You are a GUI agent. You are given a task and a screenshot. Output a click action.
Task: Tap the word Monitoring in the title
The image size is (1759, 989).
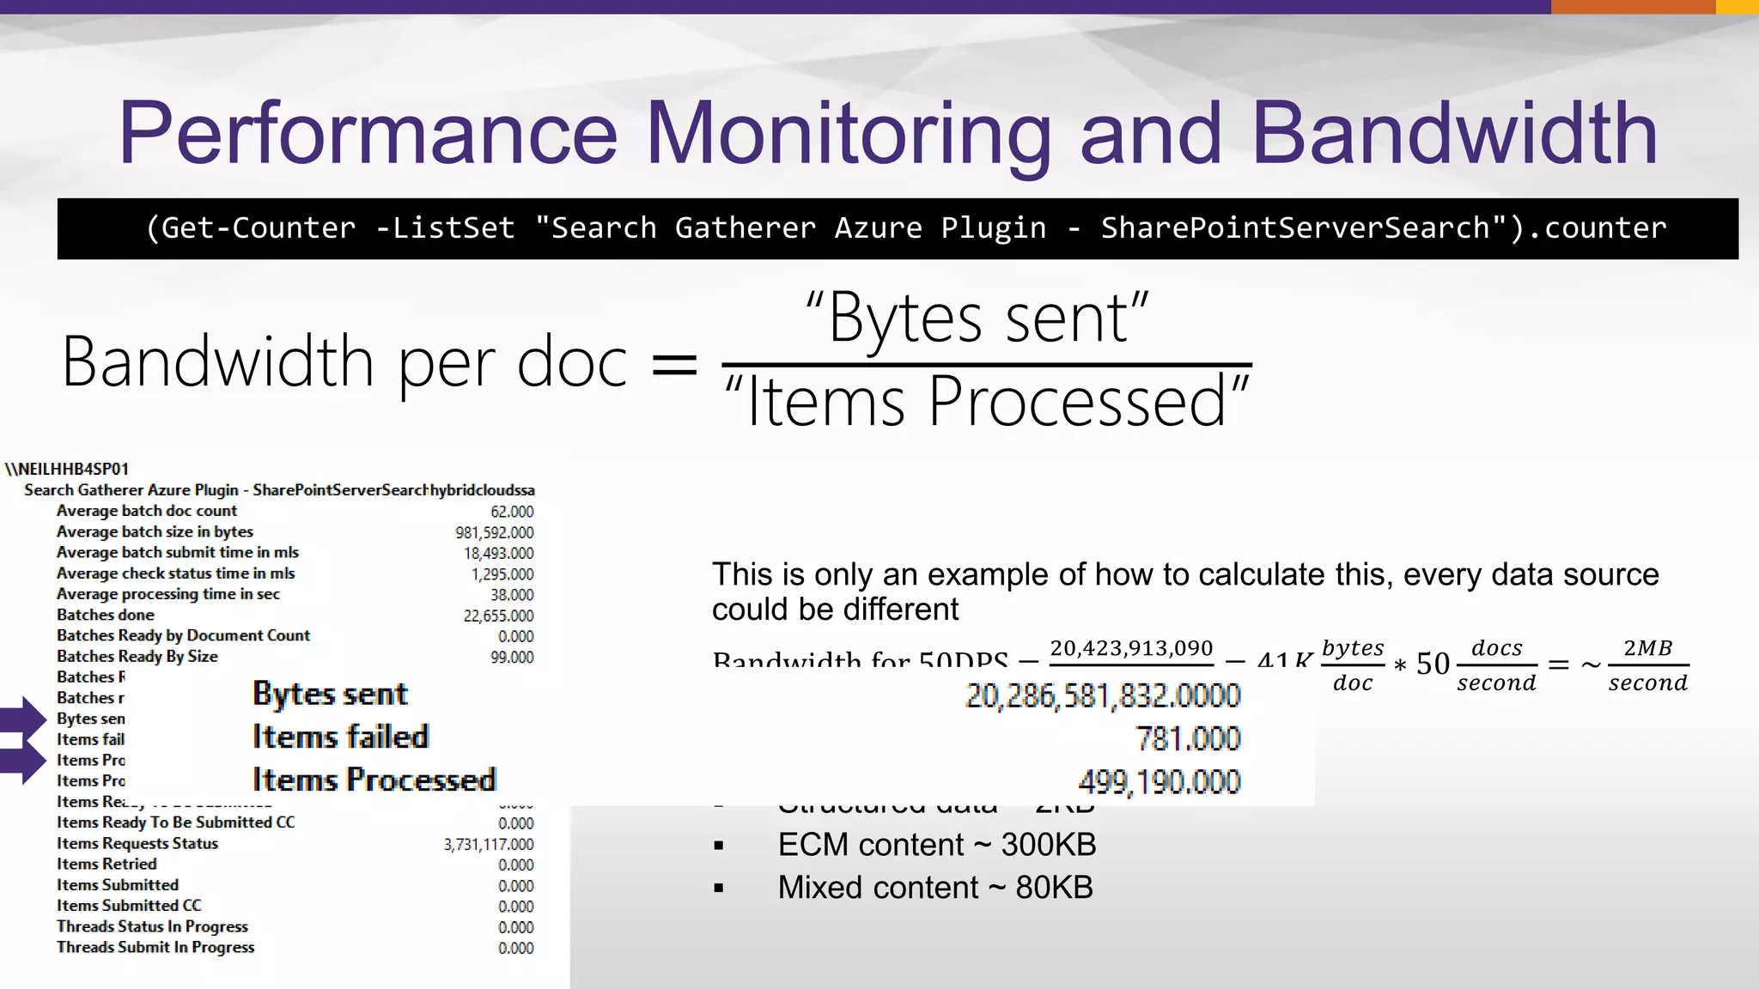(848, 136)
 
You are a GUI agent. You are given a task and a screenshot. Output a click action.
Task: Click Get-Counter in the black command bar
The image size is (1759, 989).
(259, 228)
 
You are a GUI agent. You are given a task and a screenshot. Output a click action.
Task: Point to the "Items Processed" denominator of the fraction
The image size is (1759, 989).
(987, 401)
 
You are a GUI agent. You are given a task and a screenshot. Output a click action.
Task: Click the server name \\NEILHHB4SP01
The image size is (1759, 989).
(67, 469)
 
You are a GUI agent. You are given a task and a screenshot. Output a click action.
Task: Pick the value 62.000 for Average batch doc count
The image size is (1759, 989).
(512, 512)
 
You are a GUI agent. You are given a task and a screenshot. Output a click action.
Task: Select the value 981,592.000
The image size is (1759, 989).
(494, 532)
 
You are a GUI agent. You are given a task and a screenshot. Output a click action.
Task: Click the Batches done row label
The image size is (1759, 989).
(106, 615)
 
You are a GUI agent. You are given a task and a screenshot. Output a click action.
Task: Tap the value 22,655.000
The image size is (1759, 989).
(498, 616)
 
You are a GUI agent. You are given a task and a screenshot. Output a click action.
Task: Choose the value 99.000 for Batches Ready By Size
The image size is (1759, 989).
(512, 657)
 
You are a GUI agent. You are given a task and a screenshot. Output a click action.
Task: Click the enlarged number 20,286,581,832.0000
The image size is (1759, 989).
(1103, 695)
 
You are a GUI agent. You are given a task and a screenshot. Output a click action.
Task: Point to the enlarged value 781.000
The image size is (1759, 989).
(1188, 738)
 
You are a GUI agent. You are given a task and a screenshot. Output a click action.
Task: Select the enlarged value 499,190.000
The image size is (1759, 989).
(1159, 781)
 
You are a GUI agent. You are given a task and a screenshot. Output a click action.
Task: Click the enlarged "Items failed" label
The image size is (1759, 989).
(340, 737)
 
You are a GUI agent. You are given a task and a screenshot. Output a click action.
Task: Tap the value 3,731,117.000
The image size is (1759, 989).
(488, 844)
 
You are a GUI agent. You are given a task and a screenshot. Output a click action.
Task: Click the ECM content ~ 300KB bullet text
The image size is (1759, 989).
(936, 845)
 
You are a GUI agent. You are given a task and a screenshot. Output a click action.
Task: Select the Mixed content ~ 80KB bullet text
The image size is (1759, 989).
(934, 888)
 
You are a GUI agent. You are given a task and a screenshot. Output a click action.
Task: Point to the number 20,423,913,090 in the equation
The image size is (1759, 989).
(1131, 648)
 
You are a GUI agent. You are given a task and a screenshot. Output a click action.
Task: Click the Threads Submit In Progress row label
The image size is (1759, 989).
(155, 947)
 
